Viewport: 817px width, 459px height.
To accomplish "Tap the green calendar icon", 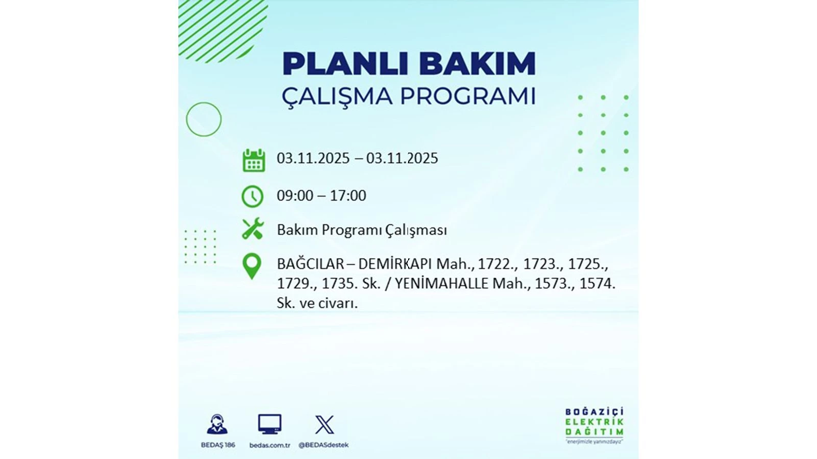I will click(x=253, y=160).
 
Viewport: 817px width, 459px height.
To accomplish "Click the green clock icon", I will click(x=253, y=196).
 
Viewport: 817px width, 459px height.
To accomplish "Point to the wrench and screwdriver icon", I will click(x=253, y=229).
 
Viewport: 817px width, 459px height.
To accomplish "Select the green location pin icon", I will click(x=252, y=266).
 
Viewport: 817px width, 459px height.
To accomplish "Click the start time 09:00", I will click(x=294, y=196).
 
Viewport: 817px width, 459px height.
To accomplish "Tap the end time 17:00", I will click(x=348, y=196).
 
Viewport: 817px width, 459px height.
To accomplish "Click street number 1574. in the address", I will click(x=595, y=284).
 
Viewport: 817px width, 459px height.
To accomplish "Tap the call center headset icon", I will click(x=217, y=425).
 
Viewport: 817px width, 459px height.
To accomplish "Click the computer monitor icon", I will click(x=269, y=425).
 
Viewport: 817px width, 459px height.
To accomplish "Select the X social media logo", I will click(x=324, y=425).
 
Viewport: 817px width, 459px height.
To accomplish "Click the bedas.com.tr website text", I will click(x=269, y=445).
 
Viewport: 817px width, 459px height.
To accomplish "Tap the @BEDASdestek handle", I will click(x=324, y=445).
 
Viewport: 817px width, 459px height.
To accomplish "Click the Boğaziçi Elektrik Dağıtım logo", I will click(x=594, y=425).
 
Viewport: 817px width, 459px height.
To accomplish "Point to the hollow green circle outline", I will click(x=204, y=119).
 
